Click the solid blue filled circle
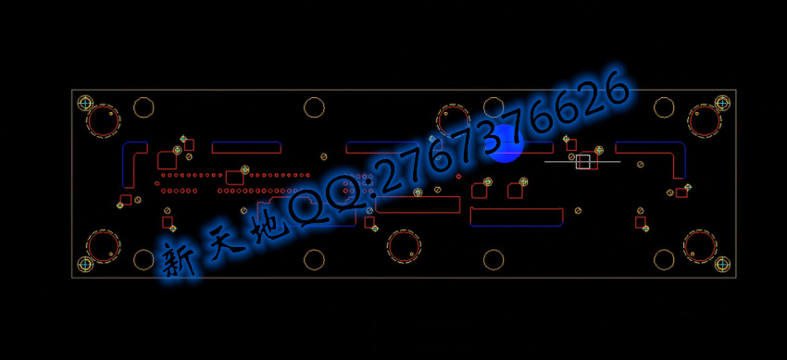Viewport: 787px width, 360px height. click(x=506, y=144)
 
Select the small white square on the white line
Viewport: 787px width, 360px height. click(x=582, y=161)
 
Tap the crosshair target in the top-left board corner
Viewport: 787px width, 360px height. click(x=85, y=103)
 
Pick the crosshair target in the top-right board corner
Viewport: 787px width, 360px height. click(x=722, y=103)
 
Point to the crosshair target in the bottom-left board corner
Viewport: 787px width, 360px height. click(x=85, y=264)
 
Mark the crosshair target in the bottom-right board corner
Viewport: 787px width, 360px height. click(x=722, y=264)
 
